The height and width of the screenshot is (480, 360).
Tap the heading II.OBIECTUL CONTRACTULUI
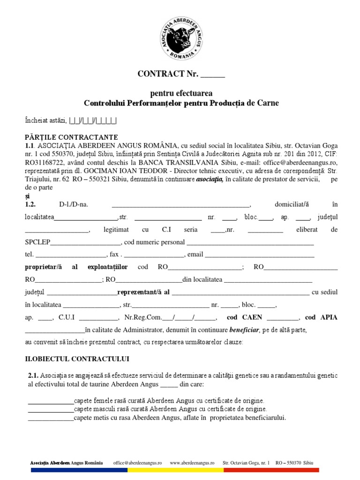click(77, 359)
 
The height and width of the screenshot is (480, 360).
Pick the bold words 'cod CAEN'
click(244, 317)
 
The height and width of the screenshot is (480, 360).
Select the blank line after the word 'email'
click(260, 255)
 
